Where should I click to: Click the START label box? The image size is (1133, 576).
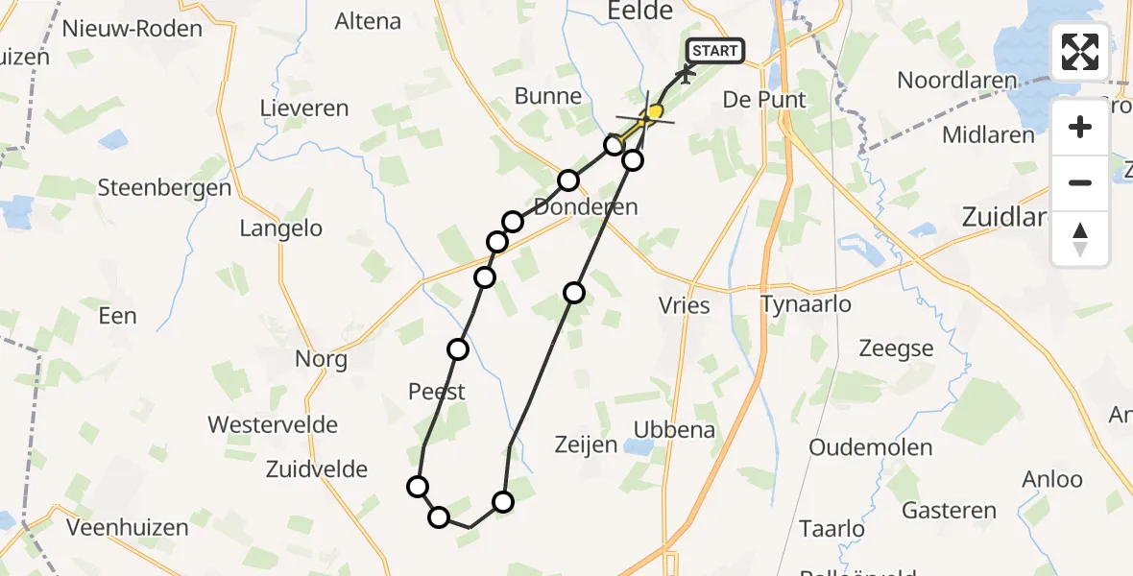point(715,51)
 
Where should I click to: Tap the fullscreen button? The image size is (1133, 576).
point(1080,52)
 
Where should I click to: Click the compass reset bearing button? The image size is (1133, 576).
point(1080,239)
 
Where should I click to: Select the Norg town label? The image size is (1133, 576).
point(322,360)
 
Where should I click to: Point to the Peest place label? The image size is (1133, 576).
point(437,391)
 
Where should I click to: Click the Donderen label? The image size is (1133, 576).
point(586,206)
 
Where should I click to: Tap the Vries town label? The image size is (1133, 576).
point(685,305)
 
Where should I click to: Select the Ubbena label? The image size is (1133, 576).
point(674,429)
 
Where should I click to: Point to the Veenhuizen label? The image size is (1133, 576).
point(128,526)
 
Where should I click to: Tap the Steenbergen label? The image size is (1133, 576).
point(164,187)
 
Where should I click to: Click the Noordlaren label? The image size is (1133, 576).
point(956,81)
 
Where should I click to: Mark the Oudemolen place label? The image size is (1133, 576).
point(871,447)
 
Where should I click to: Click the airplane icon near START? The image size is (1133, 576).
point(687,72)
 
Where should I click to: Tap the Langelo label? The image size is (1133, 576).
point(280,228)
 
